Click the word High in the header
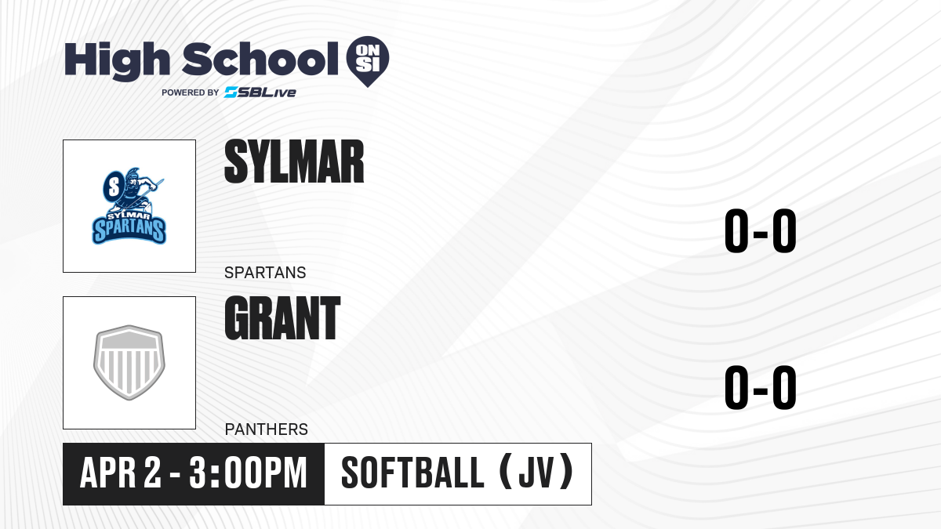pyautogui.click(x=117, y=60)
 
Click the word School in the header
pyautogui.click(x=260, y=60)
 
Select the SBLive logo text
pyautogui.click(x=260, y=92)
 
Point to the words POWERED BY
pyautogui.click(x=191, y=92)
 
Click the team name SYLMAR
pyautogui.click(x=294, y=161)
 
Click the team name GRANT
pyautogui.click(x=282, y=318)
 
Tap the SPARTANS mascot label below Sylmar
pyautogui.click(x=265, y=273)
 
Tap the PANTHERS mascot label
pyautogui.click(x=267, y=429)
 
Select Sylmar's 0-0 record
pyautogui.click(x=761, y=231)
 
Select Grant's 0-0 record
pyautogui.click(x=761, y=387)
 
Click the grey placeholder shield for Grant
pyautogui.click(x=129, y=362)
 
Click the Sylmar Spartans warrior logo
pyautogui.click(x=129, y=205)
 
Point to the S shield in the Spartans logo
pyautogui.click(x=114, y=187)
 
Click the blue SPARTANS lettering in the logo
pyautogui.click(x=129, y=230)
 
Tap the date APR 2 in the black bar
pyautogui.click(x=121, y=473)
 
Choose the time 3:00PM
pyautogui.click(x=248, y=473)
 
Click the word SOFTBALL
pyautogui.click(x=413, y=473)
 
